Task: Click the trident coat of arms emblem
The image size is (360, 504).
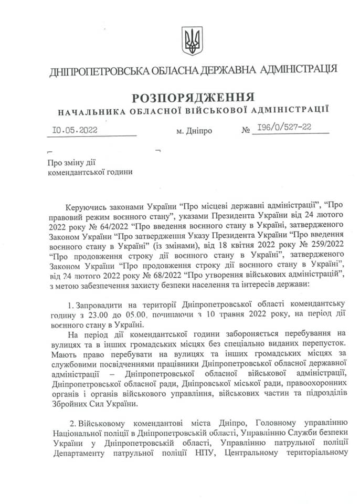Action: [x=192, y=41]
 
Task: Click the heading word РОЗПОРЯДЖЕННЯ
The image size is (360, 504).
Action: [x=193, y=97]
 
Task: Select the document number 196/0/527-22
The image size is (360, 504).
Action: [x=282, y=129]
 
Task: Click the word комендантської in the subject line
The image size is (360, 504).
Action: [x=73, y=172]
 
